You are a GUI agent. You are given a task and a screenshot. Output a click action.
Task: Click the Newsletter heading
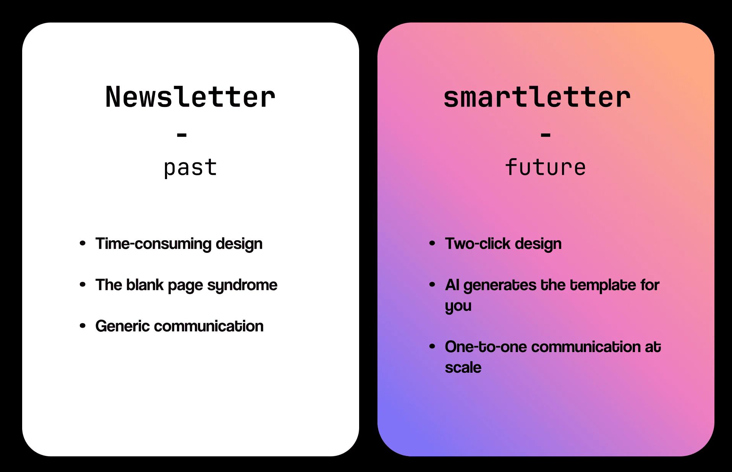pyautogui.click(x=190, y=97)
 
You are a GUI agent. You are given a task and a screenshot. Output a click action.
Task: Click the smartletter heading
pyautogui.click(x=537, y=97)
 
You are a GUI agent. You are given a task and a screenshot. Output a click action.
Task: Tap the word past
pyautogui.click(x=190, y=168)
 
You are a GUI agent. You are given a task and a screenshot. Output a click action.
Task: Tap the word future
pyautogui.click(x=545, y=167)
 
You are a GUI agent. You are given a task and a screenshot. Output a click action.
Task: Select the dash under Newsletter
pyautogui.click(x=182, y=135)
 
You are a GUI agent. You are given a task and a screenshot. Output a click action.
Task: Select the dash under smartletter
pyautogui.click(x=546, y=135)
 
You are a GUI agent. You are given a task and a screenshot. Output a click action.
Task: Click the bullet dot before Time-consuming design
pyautogui.click(x=83, y=243)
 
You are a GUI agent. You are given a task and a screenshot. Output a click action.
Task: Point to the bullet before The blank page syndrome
pyautogui.click(x=83, y=284)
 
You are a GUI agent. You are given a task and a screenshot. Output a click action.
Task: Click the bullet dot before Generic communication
pyautogui.click(x=83, y=326)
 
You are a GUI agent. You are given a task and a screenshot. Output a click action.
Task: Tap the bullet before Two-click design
pyautogui.click(x=432, y=243)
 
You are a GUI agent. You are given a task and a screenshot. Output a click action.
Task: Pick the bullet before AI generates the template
pyautogui.click(x=432, y=284)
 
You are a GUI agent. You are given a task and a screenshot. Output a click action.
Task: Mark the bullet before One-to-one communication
pyautogui.click(x=432, y=346)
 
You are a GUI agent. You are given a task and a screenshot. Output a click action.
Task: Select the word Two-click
pyautogui.click(x=478, y=244)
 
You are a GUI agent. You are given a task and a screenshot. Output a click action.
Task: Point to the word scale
pyautogui.click(x=463, y=367)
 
